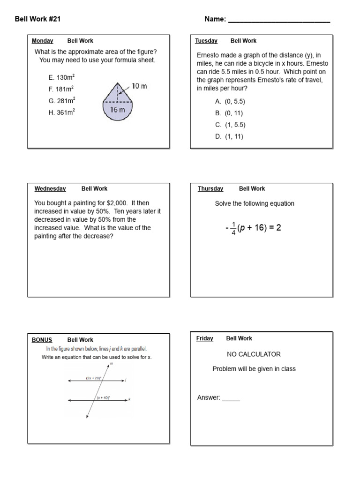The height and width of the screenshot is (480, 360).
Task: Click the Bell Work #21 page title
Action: pyautogui.click(x=38, y=19)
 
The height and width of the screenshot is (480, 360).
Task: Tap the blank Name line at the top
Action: pyautogui.click(x=278, y=21)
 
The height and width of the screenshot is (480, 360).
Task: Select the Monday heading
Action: pyautogui.click(x=42, y=41)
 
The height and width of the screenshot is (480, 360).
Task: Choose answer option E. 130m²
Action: pyautogui.click(x=62, y=77)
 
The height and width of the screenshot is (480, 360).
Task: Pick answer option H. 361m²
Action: pyautogui.click(x=62, y=112)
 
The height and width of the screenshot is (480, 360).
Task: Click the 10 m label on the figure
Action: pyautogui.click(x=139, y=86)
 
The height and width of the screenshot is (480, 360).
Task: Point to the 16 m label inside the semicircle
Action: pyautogui.click(x=117, y=110)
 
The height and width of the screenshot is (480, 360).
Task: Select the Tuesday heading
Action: pyautogui.click(x=206, y=41)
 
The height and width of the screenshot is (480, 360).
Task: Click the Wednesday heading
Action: pyautogui.click(x=50, y=188)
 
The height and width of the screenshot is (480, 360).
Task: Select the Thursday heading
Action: pyautogui.click(x=210, y=188)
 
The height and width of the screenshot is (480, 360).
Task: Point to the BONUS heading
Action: pyautogui.click(x=42, y=340)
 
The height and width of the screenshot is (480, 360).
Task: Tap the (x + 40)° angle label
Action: pyautogui.click(x=103, y=397)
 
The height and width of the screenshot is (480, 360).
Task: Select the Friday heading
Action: pyautogui.click(x=205, y=338)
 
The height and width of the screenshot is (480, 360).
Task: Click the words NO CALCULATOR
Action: pyautogui.click(x=254, y=354)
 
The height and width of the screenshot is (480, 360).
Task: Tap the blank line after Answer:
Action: pyautogui.click(x=231, y=398)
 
